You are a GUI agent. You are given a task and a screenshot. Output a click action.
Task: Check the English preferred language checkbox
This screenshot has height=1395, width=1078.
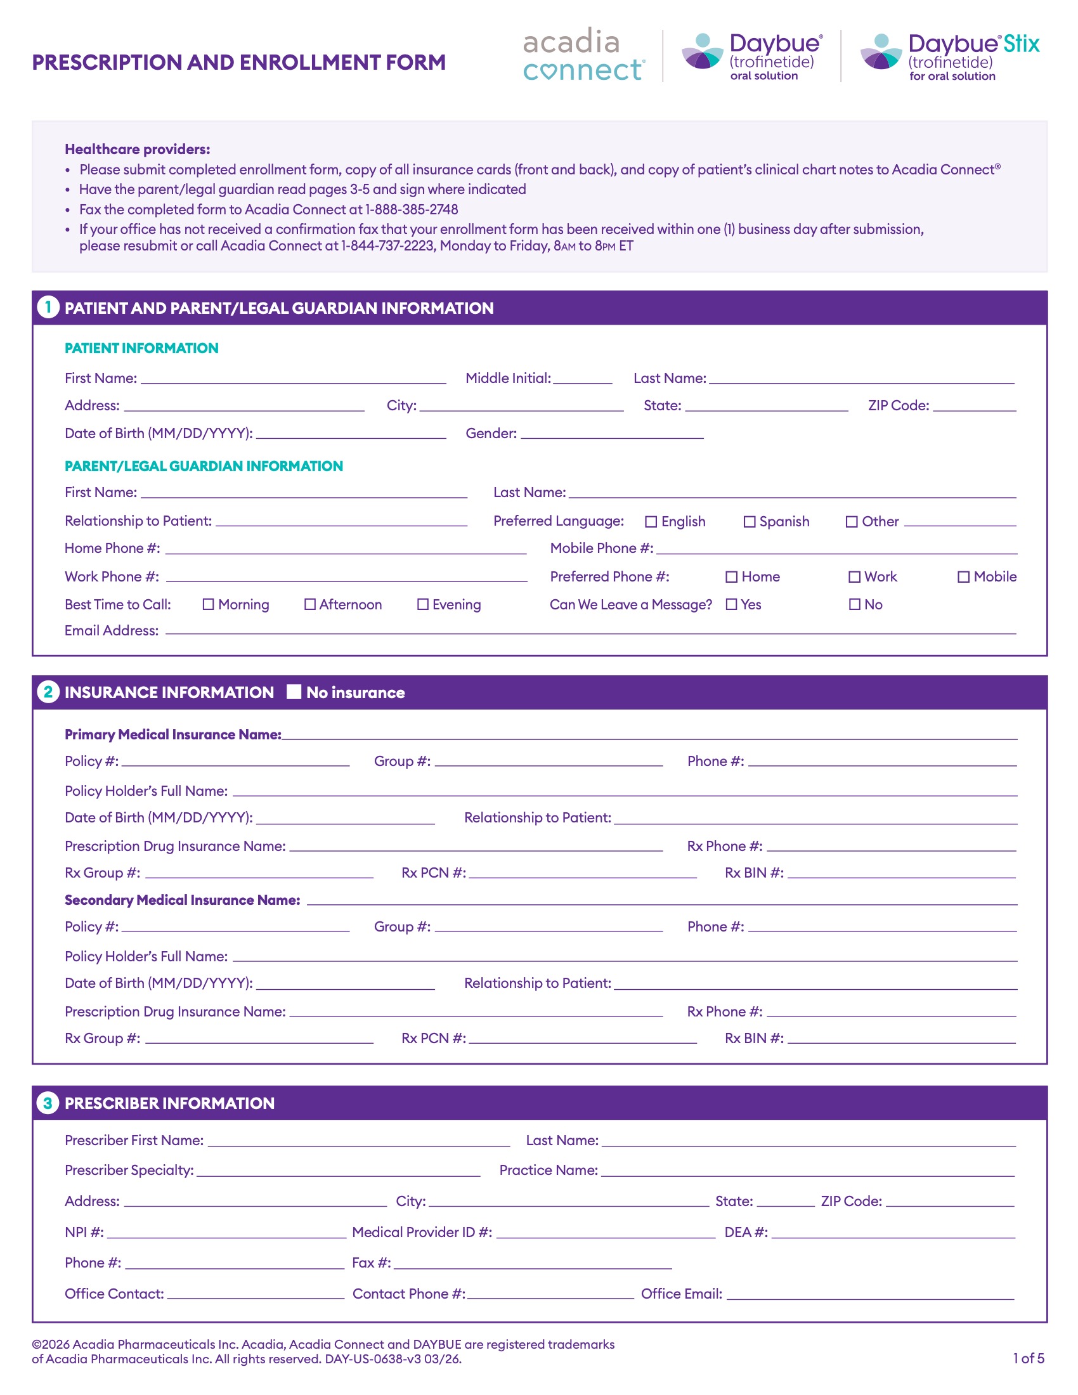coord(651,522)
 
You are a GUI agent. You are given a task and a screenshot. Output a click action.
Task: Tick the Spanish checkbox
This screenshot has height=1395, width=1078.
coord(749,522)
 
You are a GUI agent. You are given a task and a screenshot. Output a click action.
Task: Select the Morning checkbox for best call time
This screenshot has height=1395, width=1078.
coord(208,604)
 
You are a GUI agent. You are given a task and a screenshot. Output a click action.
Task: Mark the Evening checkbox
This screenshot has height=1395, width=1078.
coord(423,604)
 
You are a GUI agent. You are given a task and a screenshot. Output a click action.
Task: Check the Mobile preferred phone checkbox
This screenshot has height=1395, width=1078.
coord(963,577)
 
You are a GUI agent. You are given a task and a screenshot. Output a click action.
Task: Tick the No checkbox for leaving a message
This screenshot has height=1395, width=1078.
coord(855,604)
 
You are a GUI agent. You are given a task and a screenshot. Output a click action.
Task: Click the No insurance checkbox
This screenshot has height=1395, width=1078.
coord(294,692)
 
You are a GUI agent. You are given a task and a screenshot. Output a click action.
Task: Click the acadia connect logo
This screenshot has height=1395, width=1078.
coord(583,55)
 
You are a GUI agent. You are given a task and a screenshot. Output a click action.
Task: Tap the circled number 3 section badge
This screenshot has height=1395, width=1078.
coord(48,1103)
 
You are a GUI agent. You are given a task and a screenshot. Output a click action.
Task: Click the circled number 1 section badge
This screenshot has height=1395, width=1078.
coord(48,308)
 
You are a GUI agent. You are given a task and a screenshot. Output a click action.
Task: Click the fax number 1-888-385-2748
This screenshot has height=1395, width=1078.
coord(412,209)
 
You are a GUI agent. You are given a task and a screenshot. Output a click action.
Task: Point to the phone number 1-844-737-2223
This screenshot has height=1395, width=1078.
coord(387,246)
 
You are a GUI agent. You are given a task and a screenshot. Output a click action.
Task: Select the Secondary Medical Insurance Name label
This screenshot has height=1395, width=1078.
coord(182,900)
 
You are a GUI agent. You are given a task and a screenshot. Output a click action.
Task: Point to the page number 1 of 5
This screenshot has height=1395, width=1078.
coord(1028,1358)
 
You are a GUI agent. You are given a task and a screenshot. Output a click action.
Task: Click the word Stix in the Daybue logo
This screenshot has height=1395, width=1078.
coord(1021,44)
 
